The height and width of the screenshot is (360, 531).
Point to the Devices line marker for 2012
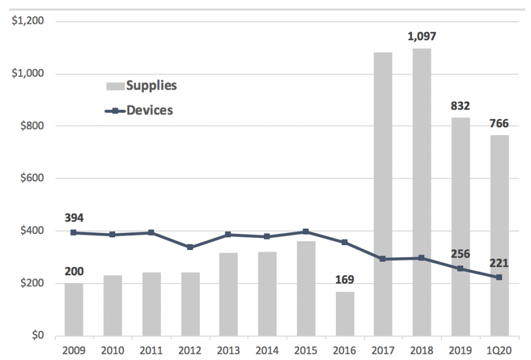[x=190, y=247]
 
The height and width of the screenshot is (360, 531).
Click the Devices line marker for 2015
[x=306, y=232]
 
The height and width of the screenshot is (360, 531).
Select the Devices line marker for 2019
[x=460, y=269]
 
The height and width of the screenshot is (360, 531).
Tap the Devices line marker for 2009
[x=74, y=233]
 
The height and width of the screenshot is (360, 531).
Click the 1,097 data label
[x=422, y=37]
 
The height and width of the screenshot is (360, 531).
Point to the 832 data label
[x=460, y=106]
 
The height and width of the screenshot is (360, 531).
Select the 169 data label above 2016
[x=345, y=280]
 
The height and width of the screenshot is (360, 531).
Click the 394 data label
[x=74, y=217]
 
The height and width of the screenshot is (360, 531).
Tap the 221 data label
[x=498, y=263]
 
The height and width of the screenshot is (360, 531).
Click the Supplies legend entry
[x=142, y=86]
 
